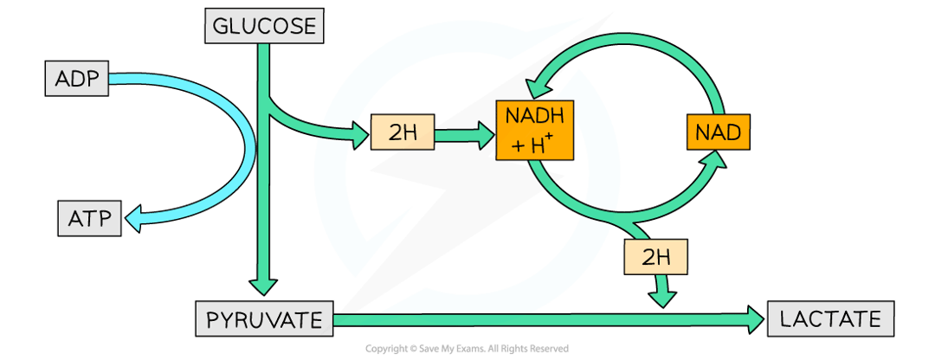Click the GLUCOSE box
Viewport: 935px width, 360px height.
[x=264, y=26]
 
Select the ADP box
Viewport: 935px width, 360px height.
[x=79, y=80]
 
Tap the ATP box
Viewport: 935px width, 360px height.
[x=89, y=218]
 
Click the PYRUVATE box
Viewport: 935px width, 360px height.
[x=263, y=321]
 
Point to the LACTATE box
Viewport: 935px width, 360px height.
[x=830, y=319]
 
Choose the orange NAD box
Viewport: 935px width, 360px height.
[x=718, y=133]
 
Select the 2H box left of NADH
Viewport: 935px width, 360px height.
[x=402, y=132]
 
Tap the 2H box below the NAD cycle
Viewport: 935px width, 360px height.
[x=655, y=256]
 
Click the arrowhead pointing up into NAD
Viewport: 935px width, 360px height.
[x=714, y=162]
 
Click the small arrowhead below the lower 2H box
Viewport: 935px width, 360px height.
[x=664, y=296]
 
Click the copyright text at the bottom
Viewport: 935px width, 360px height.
[x=467, y=349]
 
